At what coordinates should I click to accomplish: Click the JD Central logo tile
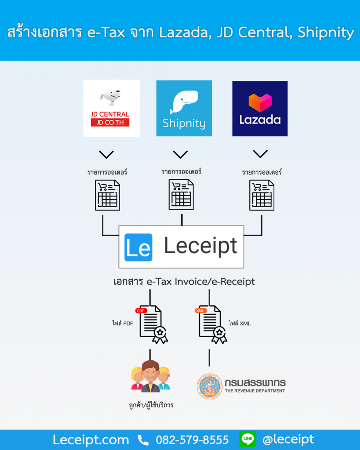tap(112, 108)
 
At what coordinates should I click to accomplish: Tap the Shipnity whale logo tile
tap(184, 108)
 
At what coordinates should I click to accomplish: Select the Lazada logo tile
tap(260, 108)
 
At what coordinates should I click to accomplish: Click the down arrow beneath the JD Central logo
tap(106, 155)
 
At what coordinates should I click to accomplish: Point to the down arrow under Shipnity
tap(180, 154)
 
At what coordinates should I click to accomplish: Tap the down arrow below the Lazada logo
tap(260, 154)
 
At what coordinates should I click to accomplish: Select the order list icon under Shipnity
tap(181, 194)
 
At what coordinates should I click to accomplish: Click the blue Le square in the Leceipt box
tap(138, 247)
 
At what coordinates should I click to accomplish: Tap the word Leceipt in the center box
tap(200, 247)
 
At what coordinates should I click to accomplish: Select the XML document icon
tap(212, 324)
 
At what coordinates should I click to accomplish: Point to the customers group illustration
tap(150, 376)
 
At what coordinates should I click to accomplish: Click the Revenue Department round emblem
tap(209, 386)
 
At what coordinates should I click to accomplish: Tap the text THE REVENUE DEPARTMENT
tap(255, 391)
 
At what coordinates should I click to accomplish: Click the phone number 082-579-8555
tap(193, 440)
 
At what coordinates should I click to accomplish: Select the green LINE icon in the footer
tap(248, 439)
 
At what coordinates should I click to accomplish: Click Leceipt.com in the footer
tap(91, 440)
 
